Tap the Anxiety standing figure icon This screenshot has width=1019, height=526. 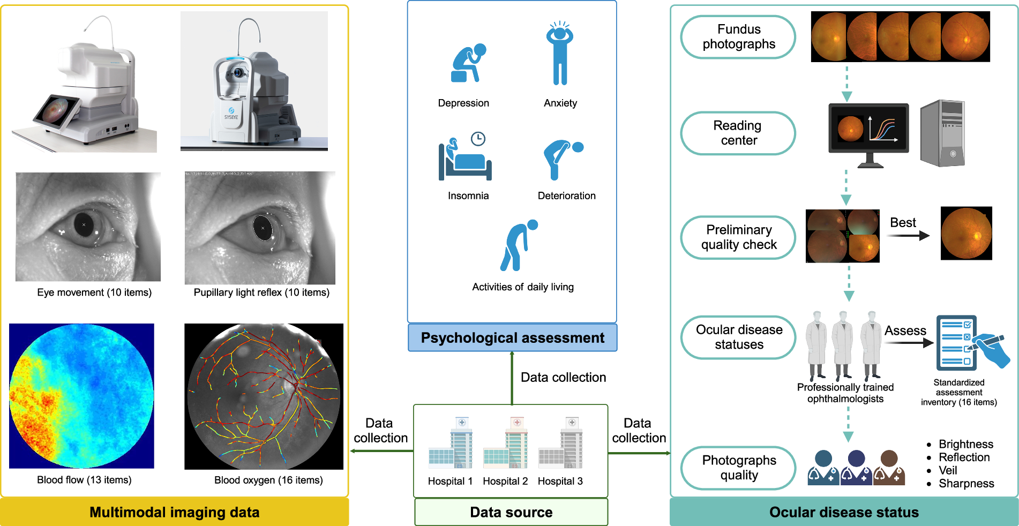tap(560, 54)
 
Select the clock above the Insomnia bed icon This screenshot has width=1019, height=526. tap(478, 139)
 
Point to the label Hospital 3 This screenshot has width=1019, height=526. tap(560, 481)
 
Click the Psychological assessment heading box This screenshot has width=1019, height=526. tap(512, 338)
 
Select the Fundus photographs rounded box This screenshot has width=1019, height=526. tap(738, 37)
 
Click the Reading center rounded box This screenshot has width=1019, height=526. tap(738, 133)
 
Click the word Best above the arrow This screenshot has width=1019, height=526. tap(903, 222)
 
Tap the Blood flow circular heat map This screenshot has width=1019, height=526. tap(81, 396)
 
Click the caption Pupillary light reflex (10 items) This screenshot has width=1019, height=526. tap(261, 292)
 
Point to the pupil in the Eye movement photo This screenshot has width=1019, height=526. tap(84, 225)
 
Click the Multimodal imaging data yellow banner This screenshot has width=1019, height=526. tap(175, 512)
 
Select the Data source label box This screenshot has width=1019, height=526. tap(511, 512)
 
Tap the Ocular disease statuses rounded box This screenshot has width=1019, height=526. tap(738, 337)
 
